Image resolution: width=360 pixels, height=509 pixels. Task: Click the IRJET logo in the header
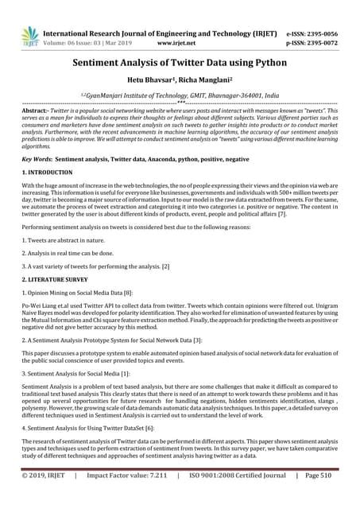(29, 33)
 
